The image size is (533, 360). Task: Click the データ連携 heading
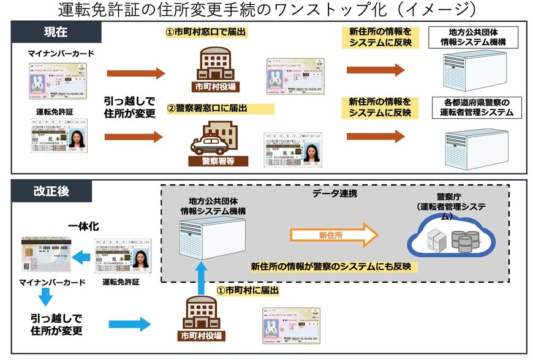335,193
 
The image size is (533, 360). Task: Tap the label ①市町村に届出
248,290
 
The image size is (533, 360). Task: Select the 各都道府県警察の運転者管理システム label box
471,107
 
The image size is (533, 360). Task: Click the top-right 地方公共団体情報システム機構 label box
472,38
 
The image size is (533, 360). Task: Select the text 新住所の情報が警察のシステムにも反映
335,267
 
